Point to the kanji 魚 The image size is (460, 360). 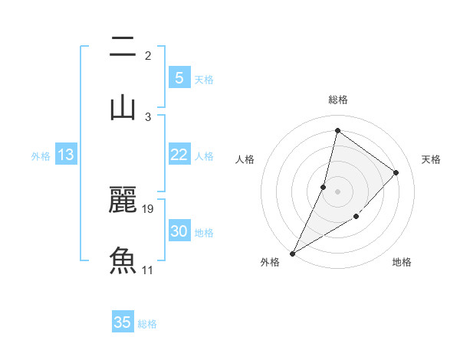click(123, 260)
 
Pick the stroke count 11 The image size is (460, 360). click(148, 270)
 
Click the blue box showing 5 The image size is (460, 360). click(179, 77)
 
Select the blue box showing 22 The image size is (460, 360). click(179, 155)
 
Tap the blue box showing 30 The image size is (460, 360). click(179, 231)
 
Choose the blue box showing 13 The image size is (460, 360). click(66, 155)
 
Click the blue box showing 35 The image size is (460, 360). click(123, 322)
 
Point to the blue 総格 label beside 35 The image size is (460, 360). click(147, 324)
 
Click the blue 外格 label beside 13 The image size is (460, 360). click(41, 156)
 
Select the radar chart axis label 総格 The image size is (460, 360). click(337, 100)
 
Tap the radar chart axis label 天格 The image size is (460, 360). click(431, 159)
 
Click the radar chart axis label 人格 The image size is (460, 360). click(245, 159)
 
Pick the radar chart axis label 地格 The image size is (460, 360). click(402, 263)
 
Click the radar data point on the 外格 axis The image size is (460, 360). click(292, 254)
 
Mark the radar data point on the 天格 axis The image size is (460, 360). click(396, 172)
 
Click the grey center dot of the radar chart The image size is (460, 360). click(337, 191)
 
